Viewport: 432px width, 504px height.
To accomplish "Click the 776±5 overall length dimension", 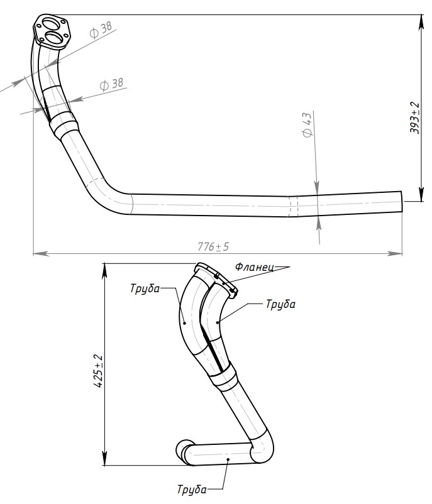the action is pyautogui.click(x=213, y=246).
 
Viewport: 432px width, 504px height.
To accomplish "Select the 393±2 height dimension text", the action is pyautogui.click(x=414, y=118).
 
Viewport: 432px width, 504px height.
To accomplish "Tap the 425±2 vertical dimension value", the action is pyautogui.click(x=98, y=371).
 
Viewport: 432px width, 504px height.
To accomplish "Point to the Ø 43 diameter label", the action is pyautogui.click(x=307, y=124).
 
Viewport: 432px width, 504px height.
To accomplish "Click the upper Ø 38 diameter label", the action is pyautogui.click(x=101, y=30).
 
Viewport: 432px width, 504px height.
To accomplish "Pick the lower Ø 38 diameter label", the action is pyautogui.click(x=111, y=84).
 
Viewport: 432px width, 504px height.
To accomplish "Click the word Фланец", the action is pyautogui.click(x=254, y=266).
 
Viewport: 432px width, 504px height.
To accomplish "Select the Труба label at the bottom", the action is pyautogui.click(x=192, y=489).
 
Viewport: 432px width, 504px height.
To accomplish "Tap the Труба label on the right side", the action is pyautogui.click(x=280, y=304).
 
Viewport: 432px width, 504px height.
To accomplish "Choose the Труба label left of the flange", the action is pyautogui.click(x=145, y=288).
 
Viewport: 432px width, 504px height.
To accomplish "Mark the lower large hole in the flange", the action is pyautogui.click(x=53, y=38).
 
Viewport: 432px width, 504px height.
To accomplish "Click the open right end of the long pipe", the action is pyautogui.click(x=401, y=201).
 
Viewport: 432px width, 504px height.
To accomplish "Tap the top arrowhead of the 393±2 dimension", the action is pyautogui.click(x=421, y=23).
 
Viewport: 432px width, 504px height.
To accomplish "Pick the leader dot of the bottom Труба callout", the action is pyautogui.click(x=228, y=459).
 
